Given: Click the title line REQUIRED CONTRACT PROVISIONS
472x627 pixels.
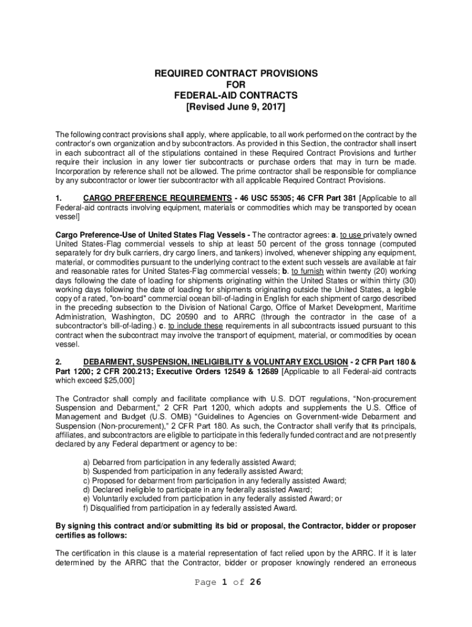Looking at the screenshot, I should [x=236, y=73].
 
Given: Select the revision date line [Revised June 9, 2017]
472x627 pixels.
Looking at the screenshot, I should [x=236, y=107].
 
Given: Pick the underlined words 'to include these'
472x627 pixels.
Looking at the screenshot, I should [x=196, y=326].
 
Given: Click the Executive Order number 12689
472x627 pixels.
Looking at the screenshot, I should [x=266, y=372].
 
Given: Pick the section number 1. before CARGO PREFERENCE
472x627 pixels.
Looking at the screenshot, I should [x=59, y=198].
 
